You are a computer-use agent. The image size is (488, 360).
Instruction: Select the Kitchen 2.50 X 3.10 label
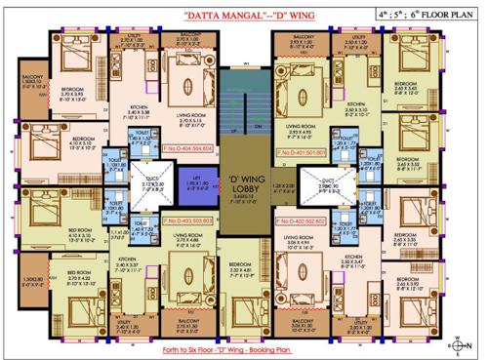[x=355, y=108]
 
